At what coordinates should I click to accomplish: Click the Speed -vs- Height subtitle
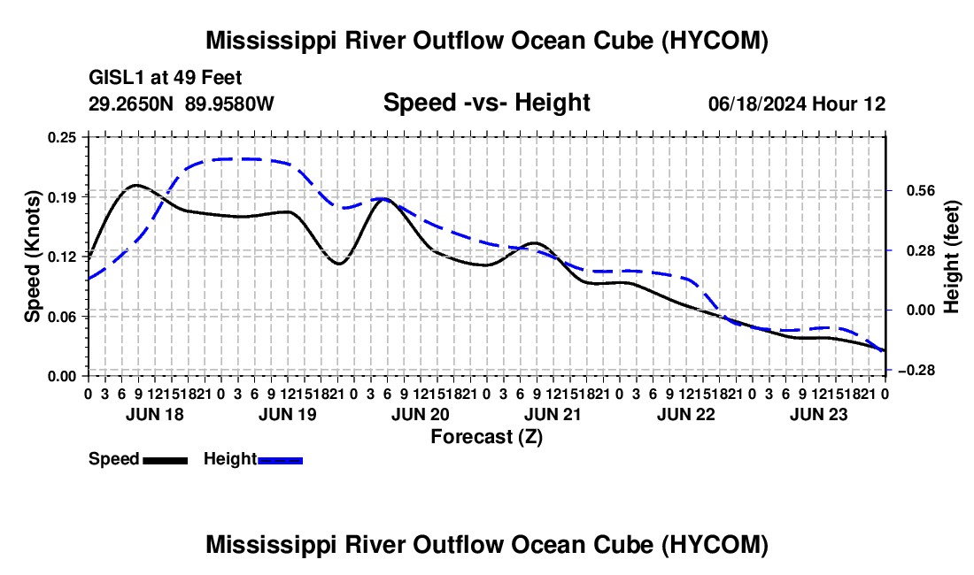(486, 103)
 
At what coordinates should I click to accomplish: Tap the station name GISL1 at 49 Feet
(166, 78)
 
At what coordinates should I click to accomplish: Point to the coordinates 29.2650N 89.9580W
(182, 103)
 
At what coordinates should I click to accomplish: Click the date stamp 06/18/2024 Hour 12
(797, 103)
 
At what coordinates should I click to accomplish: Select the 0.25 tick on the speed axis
(62, 137)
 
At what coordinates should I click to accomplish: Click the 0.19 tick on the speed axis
(62, 197)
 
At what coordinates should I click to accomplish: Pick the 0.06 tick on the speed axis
(62, 317)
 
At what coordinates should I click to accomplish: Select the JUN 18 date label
(155, 414)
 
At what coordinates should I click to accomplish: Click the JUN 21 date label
(553, 414)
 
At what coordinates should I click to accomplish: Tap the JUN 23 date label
(819, 414)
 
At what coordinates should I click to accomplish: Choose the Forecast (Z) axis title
(487, 437)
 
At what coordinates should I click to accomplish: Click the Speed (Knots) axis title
(32, 257)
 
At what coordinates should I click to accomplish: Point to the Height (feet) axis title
(952, 257)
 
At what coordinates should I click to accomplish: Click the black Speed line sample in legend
(166, 460)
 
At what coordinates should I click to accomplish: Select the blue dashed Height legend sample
(280, 460)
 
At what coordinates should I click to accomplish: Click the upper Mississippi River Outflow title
(487, 41)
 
